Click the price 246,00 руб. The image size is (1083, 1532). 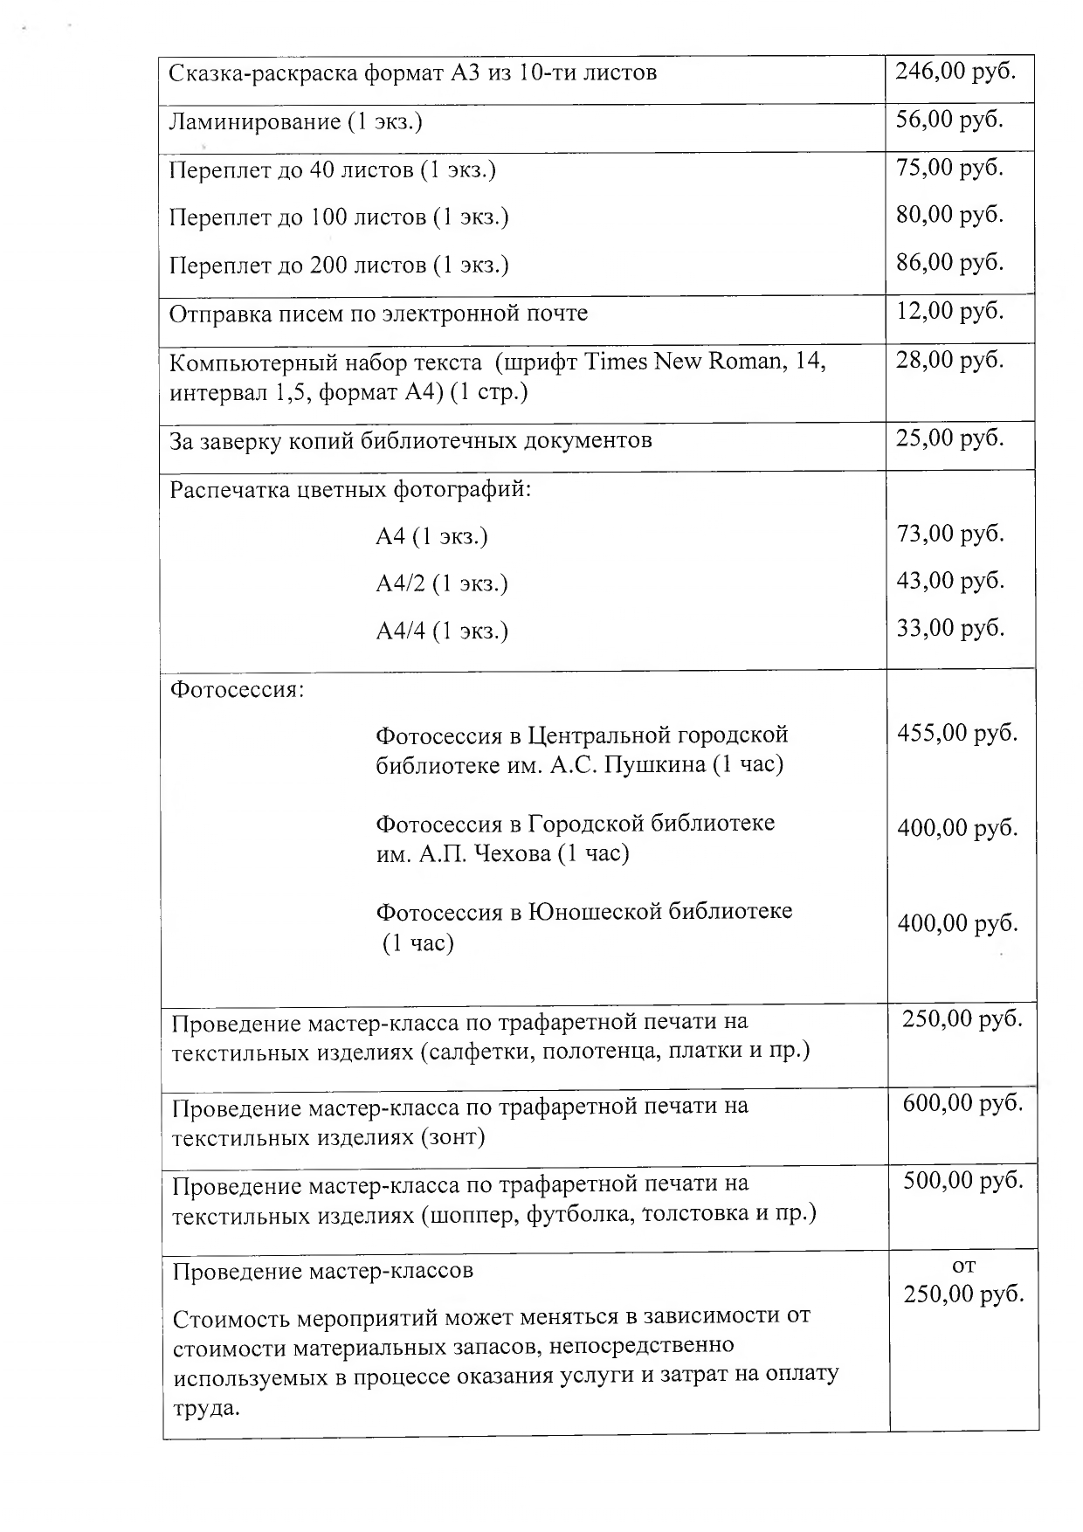(x=955, y=72)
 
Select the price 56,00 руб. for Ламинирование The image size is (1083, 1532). (x=949, y=120)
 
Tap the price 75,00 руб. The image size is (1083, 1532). (x=949, y=168)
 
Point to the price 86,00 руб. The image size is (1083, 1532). (x=949, y=263)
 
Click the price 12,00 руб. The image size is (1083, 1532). (x=949, y=311)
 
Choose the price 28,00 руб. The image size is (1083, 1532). (x=949, y=359)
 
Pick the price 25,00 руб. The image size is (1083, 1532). (x=949, y=438)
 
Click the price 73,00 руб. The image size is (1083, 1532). (x=950, y=534)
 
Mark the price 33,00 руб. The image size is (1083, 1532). (x=950, y=629)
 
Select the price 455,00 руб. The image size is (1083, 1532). (x=957, y=733)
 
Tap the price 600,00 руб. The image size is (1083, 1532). (x=962, y=1104)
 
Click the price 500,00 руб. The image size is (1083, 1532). (x=962, y=1181)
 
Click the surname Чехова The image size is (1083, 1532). (x=507, y=854)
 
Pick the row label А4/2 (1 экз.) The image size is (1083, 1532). (x=442, y=583)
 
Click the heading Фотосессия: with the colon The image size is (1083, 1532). (x=238, y=691)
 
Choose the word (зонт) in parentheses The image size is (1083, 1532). (x=452, y=1138)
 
